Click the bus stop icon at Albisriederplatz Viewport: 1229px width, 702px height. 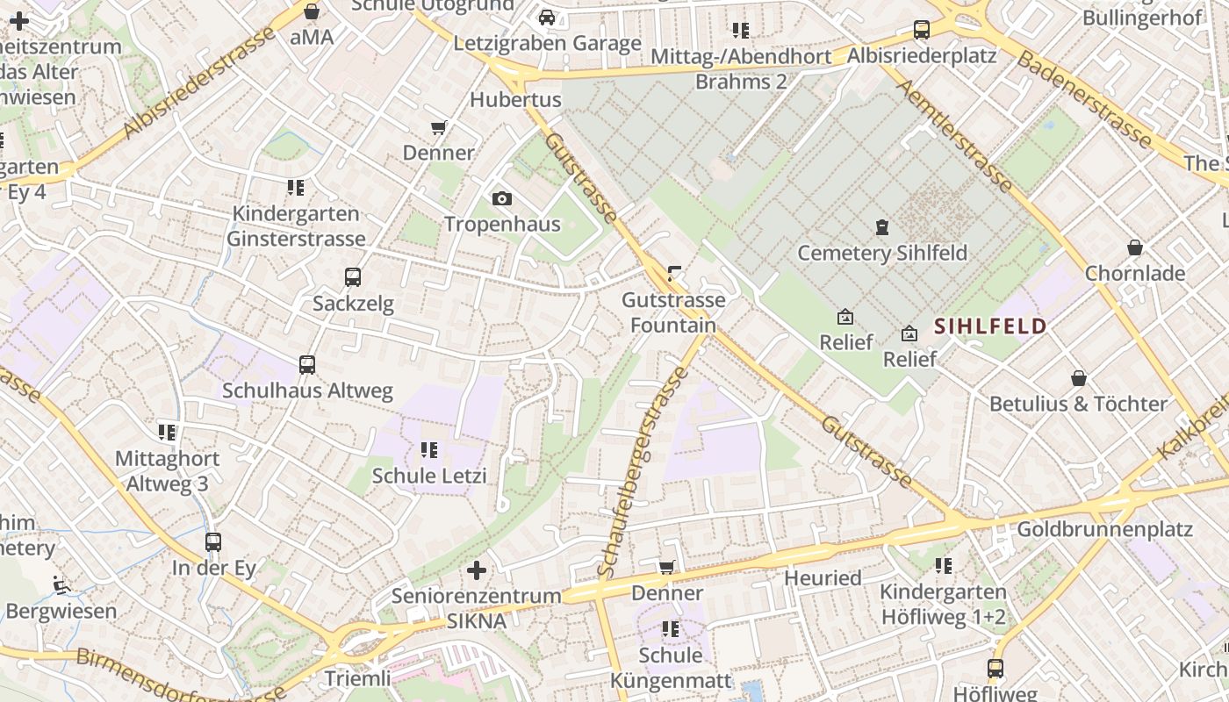[922, 30]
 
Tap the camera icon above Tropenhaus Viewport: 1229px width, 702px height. [502, 198]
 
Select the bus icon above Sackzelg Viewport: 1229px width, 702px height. [353, 277]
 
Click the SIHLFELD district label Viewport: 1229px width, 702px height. [990, 326]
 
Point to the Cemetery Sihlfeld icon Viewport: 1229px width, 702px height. [882, 227]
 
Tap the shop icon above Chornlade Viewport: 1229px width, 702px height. [1135, 247]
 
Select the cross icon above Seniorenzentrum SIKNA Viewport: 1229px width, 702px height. [477, 570]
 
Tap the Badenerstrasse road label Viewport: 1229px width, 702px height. [1084, 97]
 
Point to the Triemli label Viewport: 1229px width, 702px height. [357, 678]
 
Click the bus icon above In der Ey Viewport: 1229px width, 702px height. [213, 542]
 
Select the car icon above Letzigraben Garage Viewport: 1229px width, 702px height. [547, 18]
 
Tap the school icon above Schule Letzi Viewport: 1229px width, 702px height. [429, 450]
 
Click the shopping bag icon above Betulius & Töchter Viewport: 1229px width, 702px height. [1079, 378]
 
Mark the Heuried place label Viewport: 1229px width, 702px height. [823, 578]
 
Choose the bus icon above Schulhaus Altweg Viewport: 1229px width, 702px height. [307, 365]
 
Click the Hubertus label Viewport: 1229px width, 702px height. [515, 99]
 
